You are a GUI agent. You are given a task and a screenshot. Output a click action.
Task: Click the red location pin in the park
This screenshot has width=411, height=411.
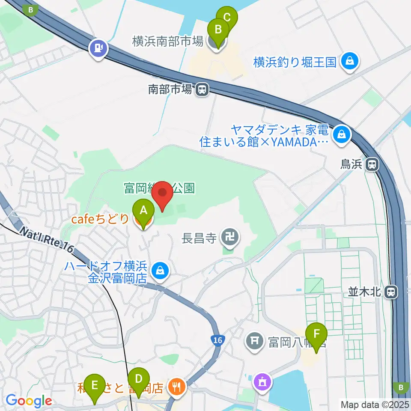click(x=163, y=195)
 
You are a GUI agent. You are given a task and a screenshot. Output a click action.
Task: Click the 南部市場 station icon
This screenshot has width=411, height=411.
click(x=202, y=89)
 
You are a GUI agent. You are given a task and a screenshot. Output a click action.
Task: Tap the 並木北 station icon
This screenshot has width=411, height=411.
click(x=390, y=292)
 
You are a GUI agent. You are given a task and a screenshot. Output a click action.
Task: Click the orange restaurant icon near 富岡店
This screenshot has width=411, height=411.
click(x=176, y=387)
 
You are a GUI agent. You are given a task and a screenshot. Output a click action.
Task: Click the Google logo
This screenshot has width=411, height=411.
click(x=29, y=401)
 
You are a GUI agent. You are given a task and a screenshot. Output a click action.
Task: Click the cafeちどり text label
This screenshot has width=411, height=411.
click(x=100, y=219)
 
